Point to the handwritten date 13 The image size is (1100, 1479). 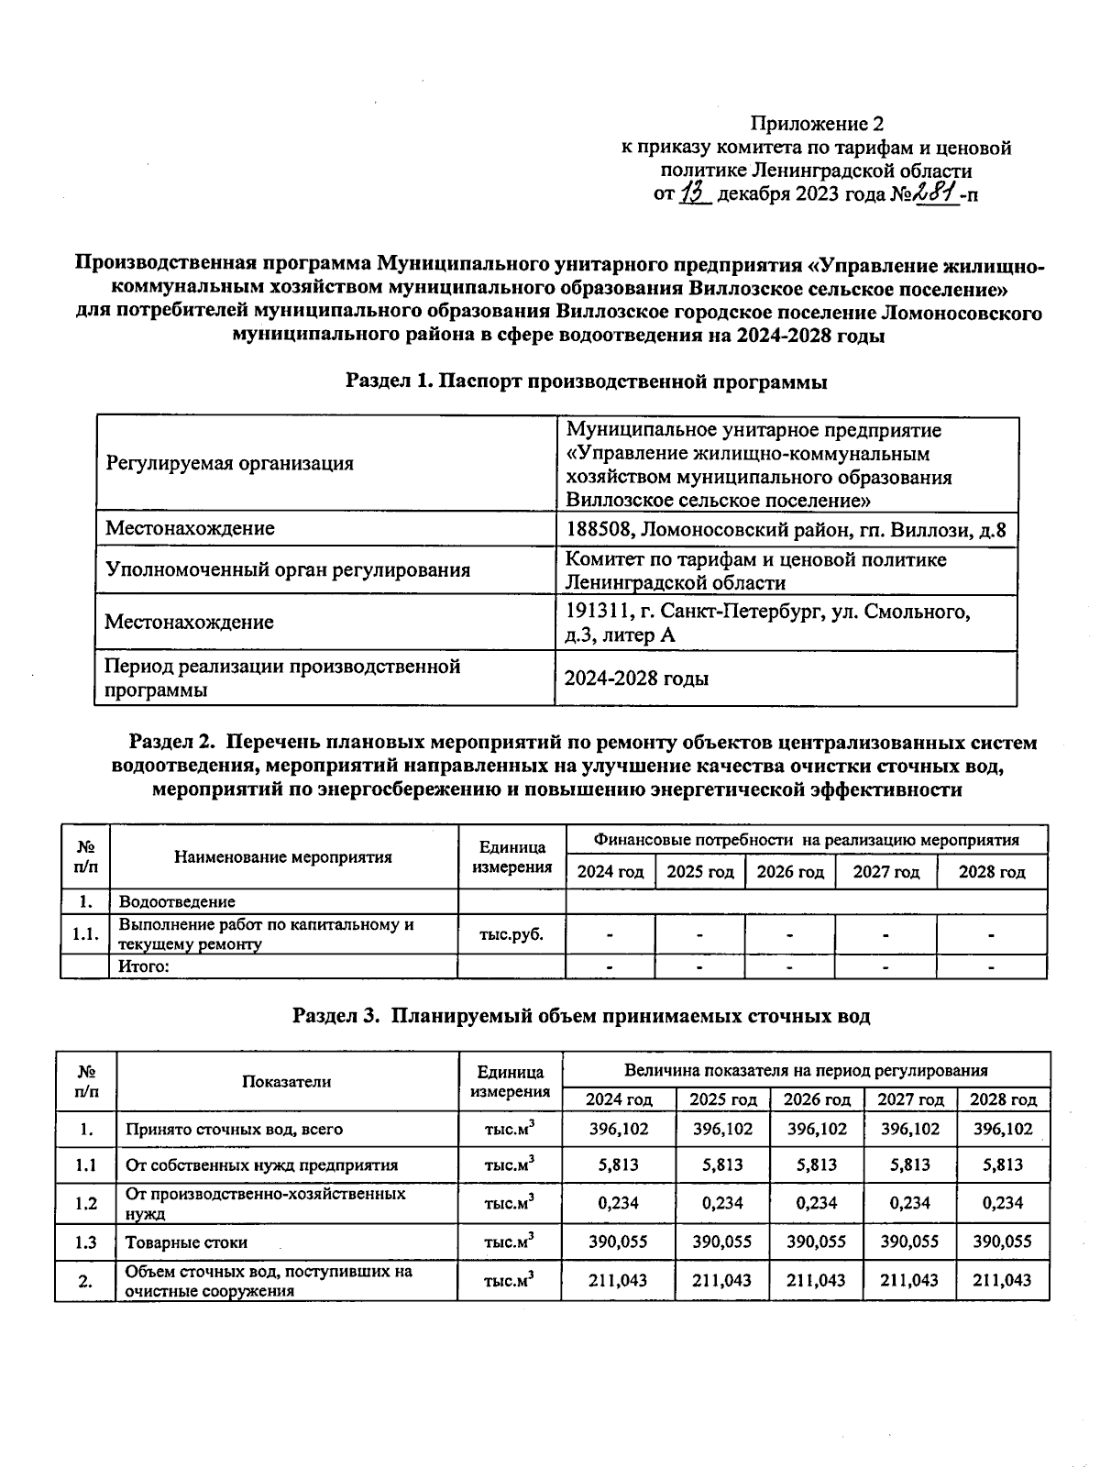[x=696, y=193]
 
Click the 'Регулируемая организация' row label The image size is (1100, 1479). [x=229, y=464]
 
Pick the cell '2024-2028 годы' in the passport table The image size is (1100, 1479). [x=636, y=679]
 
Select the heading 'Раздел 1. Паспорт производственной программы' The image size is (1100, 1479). [x=586, y=382]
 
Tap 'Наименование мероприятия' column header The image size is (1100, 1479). [x=283, y=857]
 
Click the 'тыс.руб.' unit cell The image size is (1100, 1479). [x=511, y=935]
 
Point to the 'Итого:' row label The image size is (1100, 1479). [x=144, y=966]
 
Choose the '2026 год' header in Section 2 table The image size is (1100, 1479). [x=789, y=872]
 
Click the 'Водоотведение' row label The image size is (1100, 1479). [x=177, y=901]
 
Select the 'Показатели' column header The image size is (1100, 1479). [x=287, y=1082]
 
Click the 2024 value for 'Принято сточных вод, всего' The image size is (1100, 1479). [x=618, y=1129]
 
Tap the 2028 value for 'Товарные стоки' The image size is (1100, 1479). [x=1002, y=1242]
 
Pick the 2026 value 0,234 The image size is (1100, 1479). [x=817, y=1203]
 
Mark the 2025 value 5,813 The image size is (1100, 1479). [x=722, y=1165]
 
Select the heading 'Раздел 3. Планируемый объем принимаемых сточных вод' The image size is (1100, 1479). [x=581, y=1016]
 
